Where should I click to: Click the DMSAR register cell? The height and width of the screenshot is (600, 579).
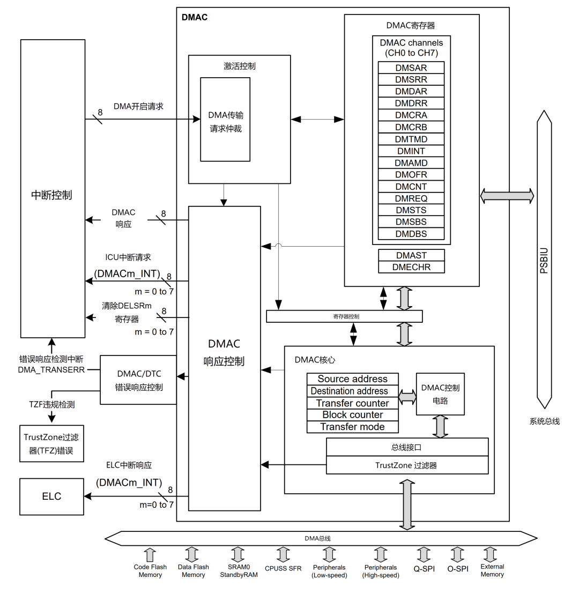pos(411,68)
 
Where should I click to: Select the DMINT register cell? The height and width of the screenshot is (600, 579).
pos(411,151)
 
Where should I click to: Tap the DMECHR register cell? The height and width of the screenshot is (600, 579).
pos(411,266)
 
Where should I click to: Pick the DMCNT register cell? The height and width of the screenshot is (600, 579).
pos(411,187)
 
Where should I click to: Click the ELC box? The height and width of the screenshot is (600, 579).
pos(51,497)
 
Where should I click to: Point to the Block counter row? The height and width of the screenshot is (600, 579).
pos(353,415)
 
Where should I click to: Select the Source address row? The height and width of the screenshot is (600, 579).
pos(353,379)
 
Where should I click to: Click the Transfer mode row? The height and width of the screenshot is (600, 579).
pos(353,427)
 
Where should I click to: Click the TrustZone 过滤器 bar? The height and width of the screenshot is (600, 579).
pos(407,465)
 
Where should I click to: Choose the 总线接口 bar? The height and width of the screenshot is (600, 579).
pos(407,447)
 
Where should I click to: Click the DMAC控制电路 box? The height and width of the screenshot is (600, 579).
pos(440,394)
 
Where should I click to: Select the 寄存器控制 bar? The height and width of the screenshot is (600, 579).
pos(344,316)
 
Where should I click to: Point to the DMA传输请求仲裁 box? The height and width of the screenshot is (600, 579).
pos(225,122)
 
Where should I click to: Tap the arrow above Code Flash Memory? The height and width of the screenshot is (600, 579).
pos(150,554)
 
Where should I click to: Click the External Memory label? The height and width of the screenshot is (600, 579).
pos(492,571)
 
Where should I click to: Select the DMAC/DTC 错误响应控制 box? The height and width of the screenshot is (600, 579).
pos(139,380)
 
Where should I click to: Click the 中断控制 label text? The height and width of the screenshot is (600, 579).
pos(52,195)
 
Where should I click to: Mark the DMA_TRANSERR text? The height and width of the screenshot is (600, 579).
pos(51,369)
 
